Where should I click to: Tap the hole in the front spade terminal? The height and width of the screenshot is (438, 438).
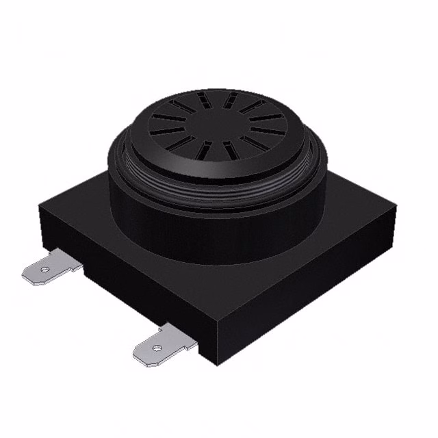pyautogui.click(x=156, y=348)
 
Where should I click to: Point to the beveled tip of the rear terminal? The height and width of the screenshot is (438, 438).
pyautogui.click(x=26, y=276)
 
